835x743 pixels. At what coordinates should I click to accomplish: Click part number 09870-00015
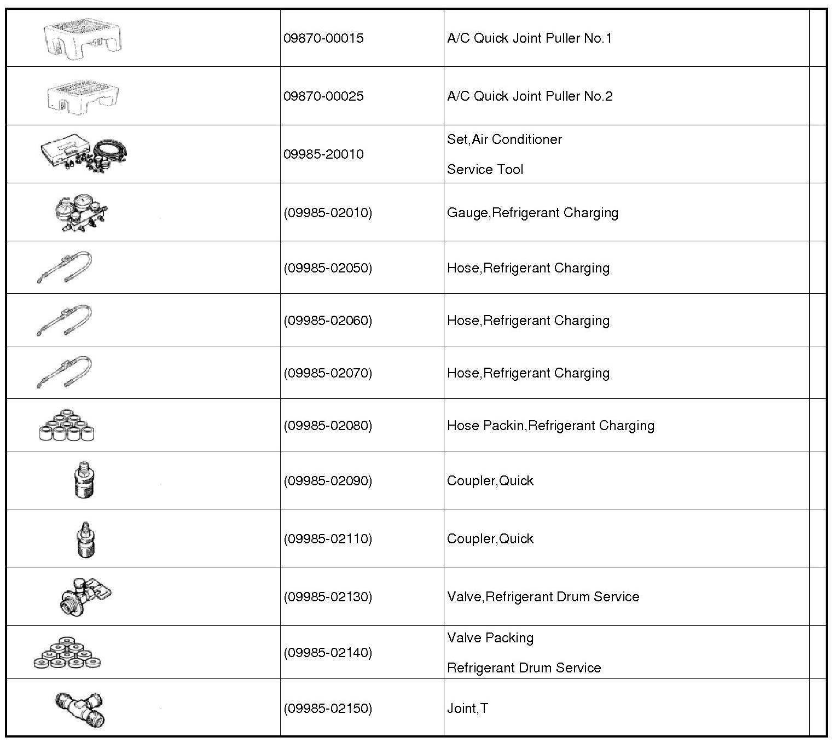pyautogui.click(x=323, y=38)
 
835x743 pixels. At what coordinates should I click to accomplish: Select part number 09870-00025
pyautogui.click(x=323, y=96)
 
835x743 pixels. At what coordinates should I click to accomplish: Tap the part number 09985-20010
pyautogui.click(x=323, y=154)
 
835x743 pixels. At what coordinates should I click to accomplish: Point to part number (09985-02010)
pyautogui.click(x=328, y=212)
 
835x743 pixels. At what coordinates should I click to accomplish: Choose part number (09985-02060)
pyautogui.click(x=328, y=320)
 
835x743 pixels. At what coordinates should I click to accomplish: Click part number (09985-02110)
pyautogui.click(x=328, y=539)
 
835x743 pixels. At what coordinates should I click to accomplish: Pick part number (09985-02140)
pyautogui.click(x=328, y=652)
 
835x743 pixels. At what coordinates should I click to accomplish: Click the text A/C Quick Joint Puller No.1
pyautogui.click(x=529, y=38)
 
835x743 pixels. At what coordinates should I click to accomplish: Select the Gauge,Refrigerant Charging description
pyautogui.click(x=532, y=212)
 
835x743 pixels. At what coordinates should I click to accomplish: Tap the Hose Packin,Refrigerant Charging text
pyautogui.click(x=550, y=426)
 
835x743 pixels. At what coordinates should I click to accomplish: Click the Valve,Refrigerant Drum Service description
pyautogui.click(x=543, y=596)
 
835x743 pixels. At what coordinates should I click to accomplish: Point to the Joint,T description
pyautogui.click(x=467, y=709)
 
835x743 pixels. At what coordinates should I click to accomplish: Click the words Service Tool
pyautogui.click(x=485, y=170)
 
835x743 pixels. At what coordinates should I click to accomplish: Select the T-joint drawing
pyautogui.click(x=80, y=709)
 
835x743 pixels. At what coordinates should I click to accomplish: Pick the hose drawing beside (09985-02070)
pyautogui.click(x=65, y=372)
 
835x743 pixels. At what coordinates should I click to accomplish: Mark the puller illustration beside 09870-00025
pyautogui.click(x=83, y=97)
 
